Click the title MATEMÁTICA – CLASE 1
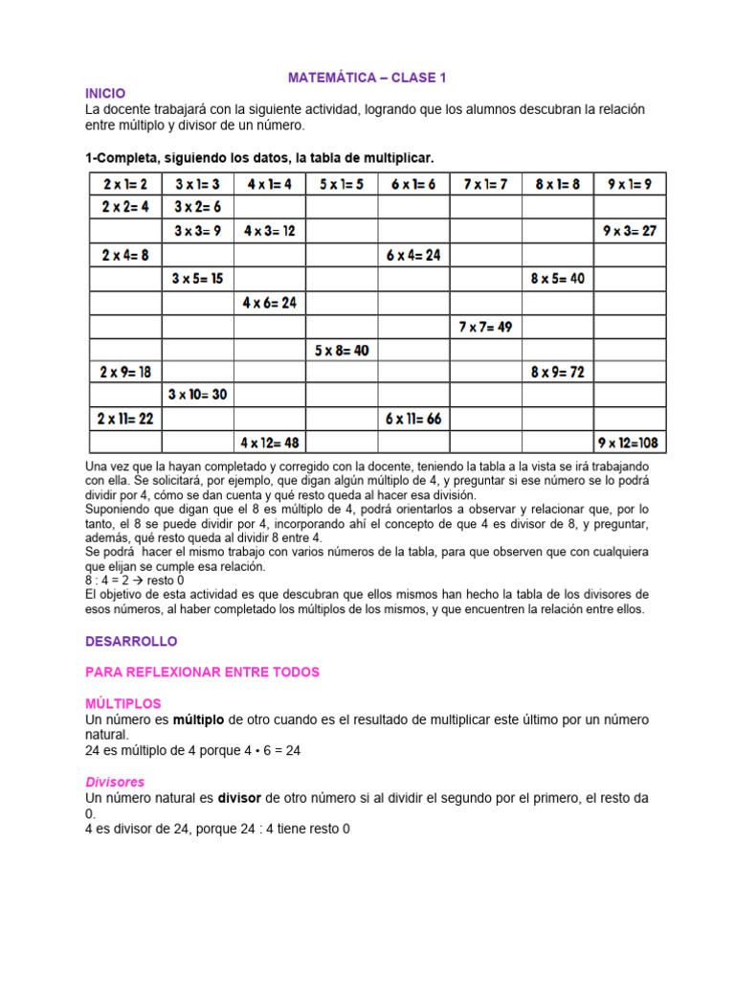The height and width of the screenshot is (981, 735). click(367, 76)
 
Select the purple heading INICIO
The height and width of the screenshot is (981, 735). click(105, 93)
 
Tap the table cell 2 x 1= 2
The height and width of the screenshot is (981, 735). click(125, 184)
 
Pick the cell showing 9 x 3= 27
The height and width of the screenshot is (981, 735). click(630, 231)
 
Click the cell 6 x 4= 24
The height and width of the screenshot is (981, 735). click(413, 255)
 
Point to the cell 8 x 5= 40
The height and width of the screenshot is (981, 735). click(557, 279)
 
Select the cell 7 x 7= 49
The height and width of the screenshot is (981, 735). click(485, 327)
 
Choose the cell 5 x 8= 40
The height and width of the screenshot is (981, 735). click(342, 351)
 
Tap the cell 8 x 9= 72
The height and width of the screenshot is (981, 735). click(557, 372)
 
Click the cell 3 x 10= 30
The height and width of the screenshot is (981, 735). click(198, 395)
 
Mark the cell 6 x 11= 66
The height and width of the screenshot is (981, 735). click(413, 419)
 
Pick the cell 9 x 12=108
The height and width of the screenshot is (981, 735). click(631, 443)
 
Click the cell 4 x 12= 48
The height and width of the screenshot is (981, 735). click(270, 443)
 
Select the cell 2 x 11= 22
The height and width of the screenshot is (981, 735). click(125, 419)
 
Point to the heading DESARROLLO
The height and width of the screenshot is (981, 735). click(131, 641)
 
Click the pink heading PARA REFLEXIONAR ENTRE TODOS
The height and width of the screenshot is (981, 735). click(202, 673)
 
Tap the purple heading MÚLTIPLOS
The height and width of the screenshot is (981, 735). click(123, 703)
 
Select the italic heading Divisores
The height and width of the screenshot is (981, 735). click(115, 782)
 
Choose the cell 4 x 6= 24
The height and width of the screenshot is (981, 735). click(270, 303)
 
